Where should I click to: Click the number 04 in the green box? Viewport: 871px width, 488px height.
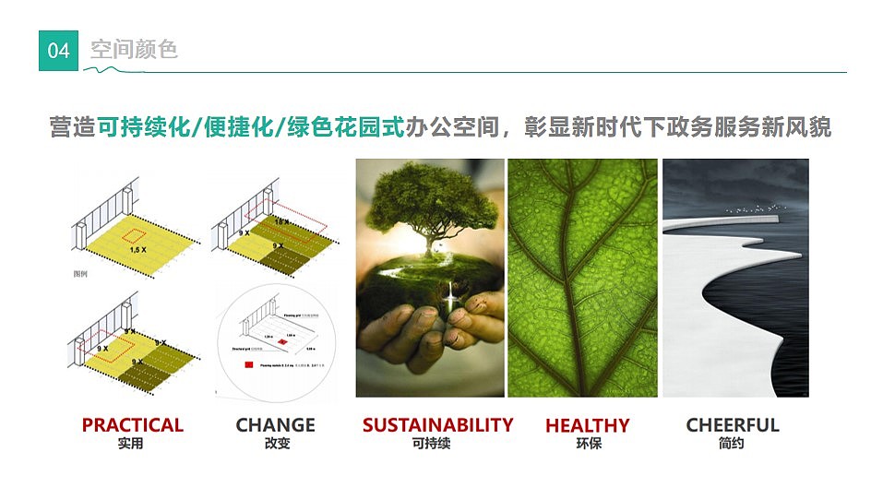click(58, 51)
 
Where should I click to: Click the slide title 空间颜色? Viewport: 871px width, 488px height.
click(134, 49)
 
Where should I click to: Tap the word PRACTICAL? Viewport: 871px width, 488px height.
click(132, 425)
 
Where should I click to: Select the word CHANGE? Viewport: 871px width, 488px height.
click(275, 425)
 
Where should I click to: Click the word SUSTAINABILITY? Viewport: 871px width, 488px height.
click(437, 425)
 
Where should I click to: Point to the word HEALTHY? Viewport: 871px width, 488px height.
click(587, 426)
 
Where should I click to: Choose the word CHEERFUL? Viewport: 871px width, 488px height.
click(733, 425)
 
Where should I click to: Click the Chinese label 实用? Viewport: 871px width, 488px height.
click(131, 444)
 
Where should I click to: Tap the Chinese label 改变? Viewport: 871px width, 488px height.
click(275, 444)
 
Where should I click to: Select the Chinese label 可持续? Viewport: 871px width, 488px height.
click(431, 444)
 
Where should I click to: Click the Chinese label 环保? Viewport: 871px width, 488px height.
click(588, 444)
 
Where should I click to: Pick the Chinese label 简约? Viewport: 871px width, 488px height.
click(731, 444)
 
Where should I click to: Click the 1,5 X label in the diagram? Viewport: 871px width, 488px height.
click(137, 250)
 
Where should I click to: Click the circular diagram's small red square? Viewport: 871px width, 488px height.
click(282, 342)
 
